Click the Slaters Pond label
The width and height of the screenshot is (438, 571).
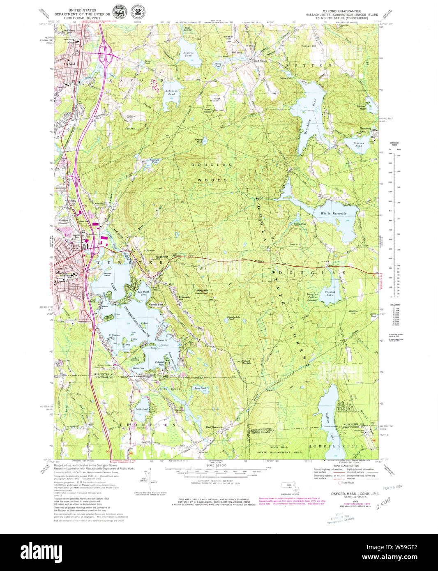(x=189, y=55)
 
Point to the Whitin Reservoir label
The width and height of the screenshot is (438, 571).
(x=333, y=214)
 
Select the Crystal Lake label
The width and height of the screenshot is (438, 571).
(x=330, y=294)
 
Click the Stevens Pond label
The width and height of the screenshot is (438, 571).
(x=359, y=144)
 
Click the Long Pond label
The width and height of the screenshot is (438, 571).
(x=200, y=388)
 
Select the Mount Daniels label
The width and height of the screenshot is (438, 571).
(x=247, y=362)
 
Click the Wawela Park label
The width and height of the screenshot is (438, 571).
(x=155, y=304)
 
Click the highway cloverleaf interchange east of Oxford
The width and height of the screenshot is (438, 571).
(x=110, y=52)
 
